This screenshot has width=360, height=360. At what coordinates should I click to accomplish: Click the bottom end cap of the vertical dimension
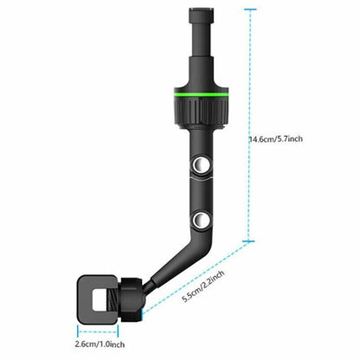(x=251, y=241)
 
